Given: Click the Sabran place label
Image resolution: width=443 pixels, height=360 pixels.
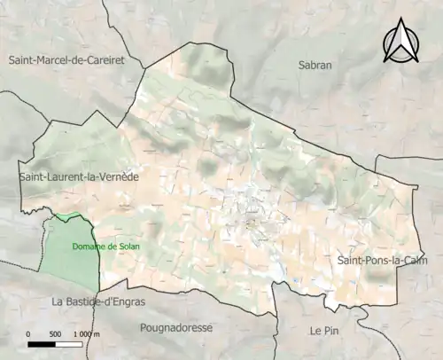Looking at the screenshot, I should [315, 65].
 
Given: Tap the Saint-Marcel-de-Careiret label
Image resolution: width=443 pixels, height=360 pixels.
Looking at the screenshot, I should [66, 59].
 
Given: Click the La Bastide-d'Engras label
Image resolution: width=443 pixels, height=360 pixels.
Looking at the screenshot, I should [98, 301].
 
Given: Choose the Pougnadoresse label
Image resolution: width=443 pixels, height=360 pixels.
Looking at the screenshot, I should [177, 327].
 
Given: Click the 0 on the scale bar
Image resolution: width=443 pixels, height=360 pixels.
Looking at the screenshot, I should [28, 334].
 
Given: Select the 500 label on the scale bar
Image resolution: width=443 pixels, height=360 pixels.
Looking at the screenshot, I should [55, 334].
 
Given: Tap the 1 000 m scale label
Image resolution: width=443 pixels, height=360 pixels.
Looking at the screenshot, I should [87, 334].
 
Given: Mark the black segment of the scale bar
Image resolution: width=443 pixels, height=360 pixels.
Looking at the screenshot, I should [42, 343].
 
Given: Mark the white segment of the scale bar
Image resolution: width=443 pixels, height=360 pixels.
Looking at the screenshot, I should [68, 343].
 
